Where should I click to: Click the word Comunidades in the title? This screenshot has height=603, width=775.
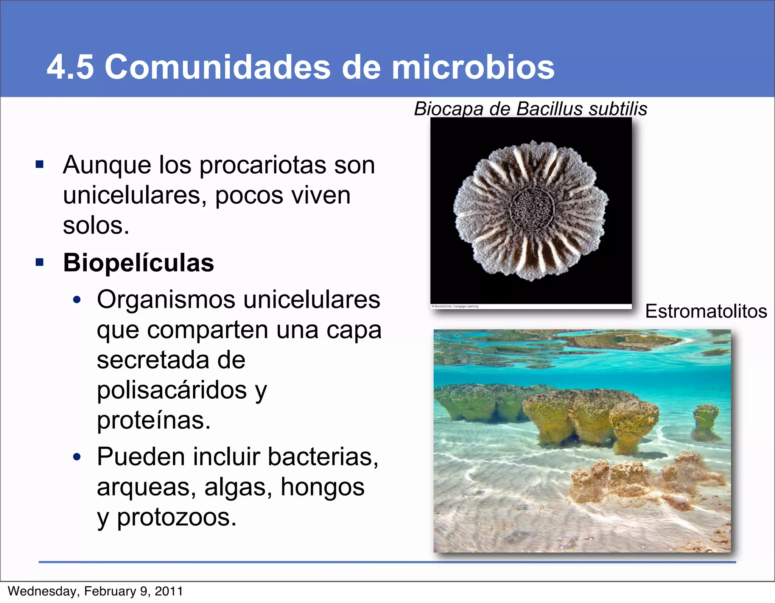[x=217, y=67]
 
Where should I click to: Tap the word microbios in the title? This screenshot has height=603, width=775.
[x=473, y=67]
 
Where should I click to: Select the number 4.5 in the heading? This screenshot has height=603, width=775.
[x=70, y=67]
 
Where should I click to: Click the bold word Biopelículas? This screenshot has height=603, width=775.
[x=139, y=263]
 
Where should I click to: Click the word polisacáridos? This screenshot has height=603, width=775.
[x=172, y=390]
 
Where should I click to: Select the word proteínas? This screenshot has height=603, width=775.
[x=153, y=420]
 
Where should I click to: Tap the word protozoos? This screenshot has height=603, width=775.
[x=176, y=517]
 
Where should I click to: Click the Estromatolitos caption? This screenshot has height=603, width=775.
[x=706, y=312]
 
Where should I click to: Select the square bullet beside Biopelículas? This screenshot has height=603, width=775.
[x=40, y=262]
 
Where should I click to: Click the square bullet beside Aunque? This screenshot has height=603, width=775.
[x=40, y=165]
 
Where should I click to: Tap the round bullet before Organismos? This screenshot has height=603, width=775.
[x=77, y=300]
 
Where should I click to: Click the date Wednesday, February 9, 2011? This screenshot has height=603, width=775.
[x=95, y=591]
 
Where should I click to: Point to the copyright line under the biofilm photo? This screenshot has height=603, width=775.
[x=455, y=306]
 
